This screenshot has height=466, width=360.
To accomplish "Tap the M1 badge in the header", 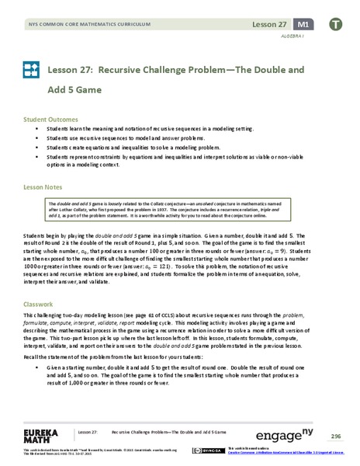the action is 306,24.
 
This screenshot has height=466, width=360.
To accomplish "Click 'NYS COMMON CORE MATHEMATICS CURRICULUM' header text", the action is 78,25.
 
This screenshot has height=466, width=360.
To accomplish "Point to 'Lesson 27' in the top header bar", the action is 270,24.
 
